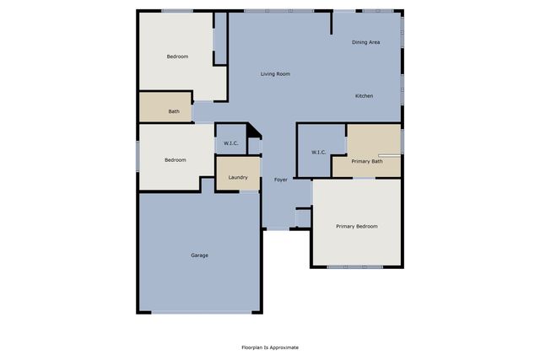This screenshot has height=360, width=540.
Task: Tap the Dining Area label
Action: pyautogui.click(x=365, y=41)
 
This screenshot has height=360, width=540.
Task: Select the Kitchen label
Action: pyautogui.click(x=364, y=96)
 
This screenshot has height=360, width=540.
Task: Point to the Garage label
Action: pyautogui.click(x=199, y=255)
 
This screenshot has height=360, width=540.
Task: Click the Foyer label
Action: pyautogui.click(x=281, y=180)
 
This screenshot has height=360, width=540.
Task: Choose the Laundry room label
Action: pyautogui.click(x=237, y=177)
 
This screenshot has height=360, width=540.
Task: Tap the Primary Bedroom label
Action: pyautogui.click(x=356, y=226)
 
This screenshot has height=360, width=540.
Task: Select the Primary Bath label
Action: pyautogui.click(x=367, y=161)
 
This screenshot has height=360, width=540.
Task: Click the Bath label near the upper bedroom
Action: pyautogui.click(x=174, y=111)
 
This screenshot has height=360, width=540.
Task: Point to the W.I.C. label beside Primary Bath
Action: pyautogui.click(x=319, y=153)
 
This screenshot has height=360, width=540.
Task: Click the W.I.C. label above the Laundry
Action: pyautogui.click(x=231, y=143)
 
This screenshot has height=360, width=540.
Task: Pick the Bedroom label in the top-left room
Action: pyautogui.click(x=177, y=56)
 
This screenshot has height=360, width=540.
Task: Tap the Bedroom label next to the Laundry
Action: pyautogui.click(x=175, y=159)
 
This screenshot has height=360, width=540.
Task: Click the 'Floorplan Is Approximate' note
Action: pyautogui.click(x=270, y=347)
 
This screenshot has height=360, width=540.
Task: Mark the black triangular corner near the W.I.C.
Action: pyautogui.click(x=251, y=133)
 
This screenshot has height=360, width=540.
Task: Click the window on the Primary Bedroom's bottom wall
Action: pyautogui.click(x=355, y=267)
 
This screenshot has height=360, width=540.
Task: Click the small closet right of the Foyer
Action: pyautogui.click(x=303, y=218)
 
